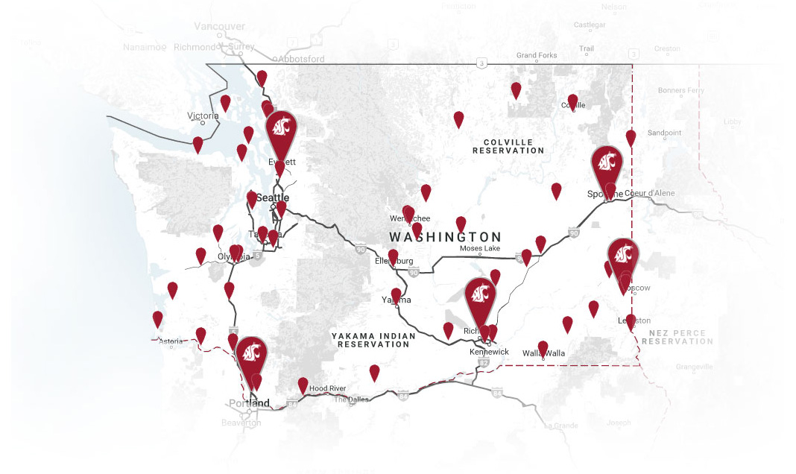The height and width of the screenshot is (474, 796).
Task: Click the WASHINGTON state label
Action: click(445, 237)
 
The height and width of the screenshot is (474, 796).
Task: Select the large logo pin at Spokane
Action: click(607, 164)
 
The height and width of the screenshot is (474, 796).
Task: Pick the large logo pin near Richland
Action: click(480, 295)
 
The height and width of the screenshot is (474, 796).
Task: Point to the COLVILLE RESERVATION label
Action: click(508, 146)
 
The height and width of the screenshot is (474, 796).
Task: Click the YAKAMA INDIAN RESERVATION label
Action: click(373, 341)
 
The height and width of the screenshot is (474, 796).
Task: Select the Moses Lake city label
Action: click(480, 248)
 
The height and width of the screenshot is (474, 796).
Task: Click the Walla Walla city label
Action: click(544, 353)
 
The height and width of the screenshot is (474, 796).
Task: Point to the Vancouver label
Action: click(219, 26)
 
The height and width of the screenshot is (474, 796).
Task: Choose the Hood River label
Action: click(327, 389)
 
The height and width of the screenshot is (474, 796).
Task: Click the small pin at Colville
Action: click(572, 101)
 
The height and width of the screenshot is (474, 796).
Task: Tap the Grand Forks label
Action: click(537, 56)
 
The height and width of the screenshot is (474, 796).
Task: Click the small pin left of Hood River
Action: click(303, 385)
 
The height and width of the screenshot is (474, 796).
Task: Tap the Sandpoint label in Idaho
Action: click(664, 133)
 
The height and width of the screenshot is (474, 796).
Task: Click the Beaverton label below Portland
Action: click(241, 423)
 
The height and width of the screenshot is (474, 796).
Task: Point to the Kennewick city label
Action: click(489, 351)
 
